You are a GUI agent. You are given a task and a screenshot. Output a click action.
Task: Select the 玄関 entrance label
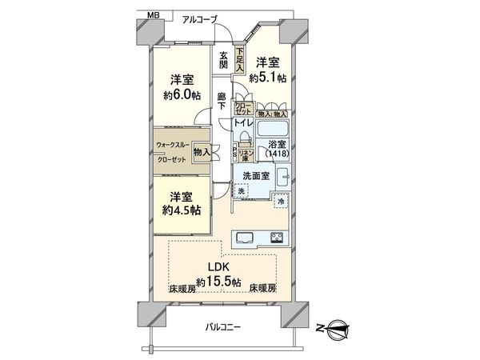pyautogui.click(x=224, y=60)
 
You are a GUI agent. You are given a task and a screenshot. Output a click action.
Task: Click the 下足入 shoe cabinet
pyautogui.click(x=238, y=62)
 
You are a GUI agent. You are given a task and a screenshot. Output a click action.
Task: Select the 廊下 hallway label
pyautogui.click(x=223, y=102)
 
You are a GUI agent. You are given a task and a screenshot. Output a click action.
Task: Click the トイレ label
pyautogui.click(x=243, y=124)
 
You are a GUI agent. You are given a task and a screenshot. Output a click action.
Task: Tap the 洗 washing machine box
pyautogui.click(x=240, y=190)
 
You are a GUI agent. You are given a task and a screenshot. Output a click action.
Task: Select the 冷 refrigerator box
pyautogui.click(x=280, y=203)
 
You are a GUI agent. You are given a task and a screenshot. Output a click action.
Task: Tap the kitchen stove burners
pyautogui.click(x=277, y=237)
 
